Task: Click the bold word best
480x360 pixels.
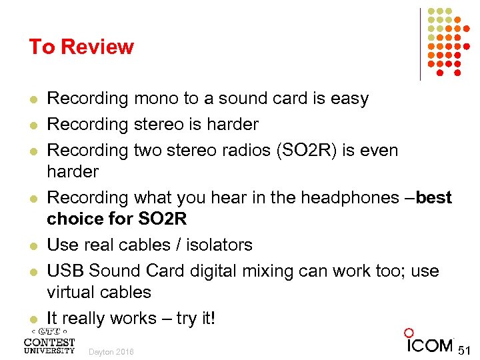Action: point(433,198)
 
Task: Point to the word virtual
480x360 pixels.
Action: point(72,292)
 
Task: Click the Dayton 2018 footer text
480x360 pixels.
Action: point(111,351)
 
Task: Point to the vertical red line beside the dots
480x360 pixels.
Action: point(420,44)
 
